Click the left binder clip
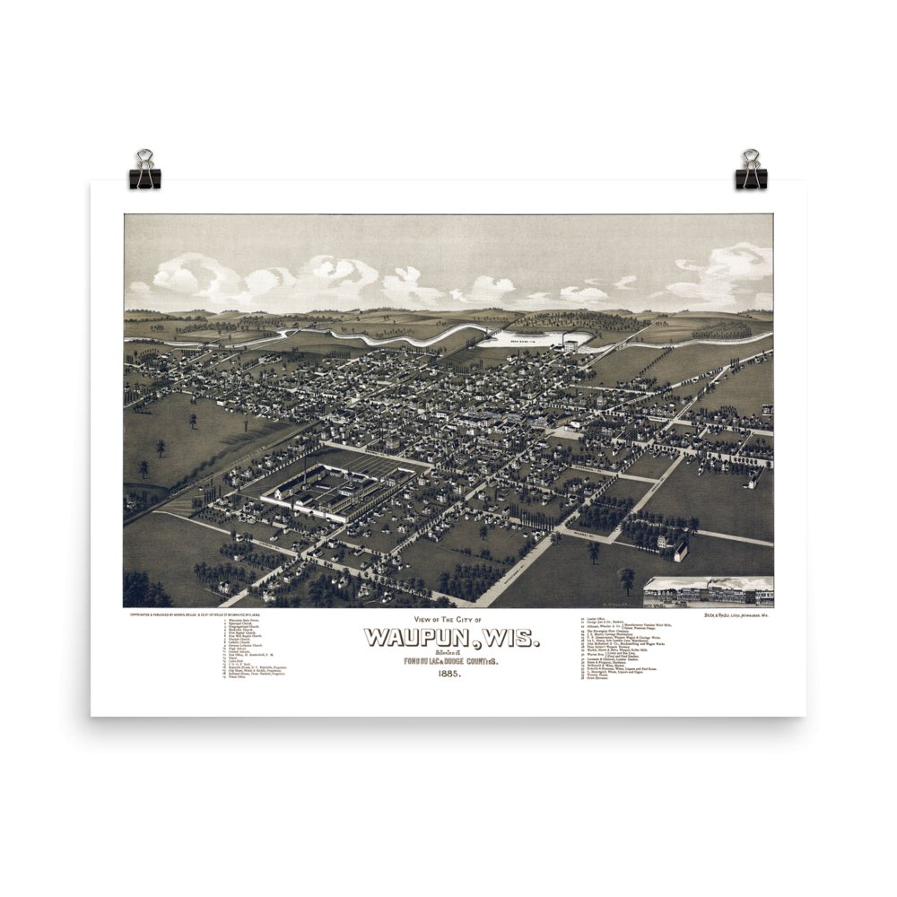[144, 170]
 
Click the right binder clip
[751, 170]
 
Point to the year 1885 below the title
[451, 675]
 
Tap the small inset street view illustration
[708, 592]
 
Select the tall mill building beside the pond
[570, 344]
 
